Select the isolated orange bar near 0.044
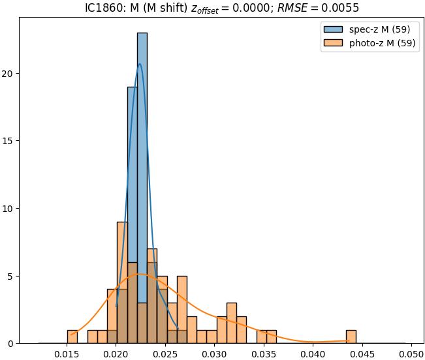tap(351, 337)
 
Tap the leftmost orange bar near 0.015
tap(72, 337)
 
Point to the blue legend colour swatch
tap(331, 29)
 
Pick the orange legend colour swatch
tap(331, 44)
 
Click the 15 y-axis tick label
tap(10, 141)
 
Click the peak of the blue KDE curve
tap(140, 64)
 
